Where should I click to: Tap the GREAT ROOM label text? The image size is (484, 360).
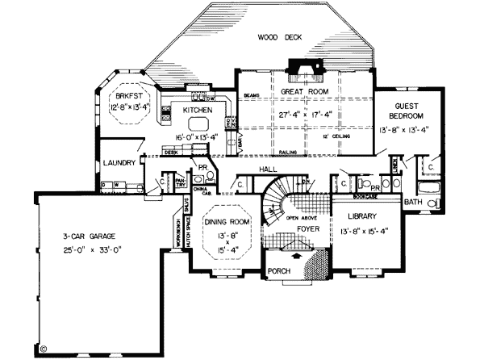[x=303, y=93]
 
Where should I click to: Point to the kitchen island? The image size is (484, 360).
[x=198, y=124]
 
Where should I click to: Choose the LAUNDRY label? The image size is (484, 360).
[x=119, y=163]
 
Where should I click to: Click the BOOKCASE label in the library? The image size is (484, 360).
[x=366, y=196]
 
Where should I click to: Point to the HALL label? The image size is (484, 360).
[x=268, y=169]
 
